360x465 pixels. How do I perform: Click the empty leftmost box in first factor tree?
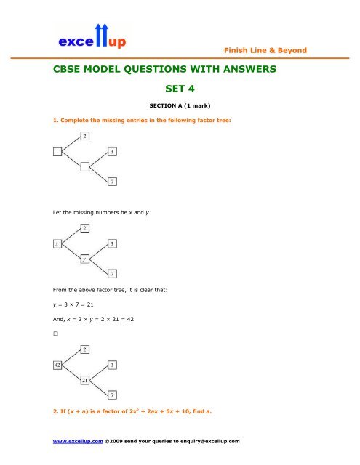click(57, 151)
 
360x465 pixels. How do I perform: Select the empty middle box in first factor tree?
click(85, 166)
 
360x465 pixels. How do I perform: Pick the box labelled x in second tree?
click(57, 243)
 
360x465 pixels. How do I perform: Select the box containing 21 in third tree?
click(85, 379)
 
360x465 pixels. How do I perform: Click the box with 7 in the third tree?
click(111, 395)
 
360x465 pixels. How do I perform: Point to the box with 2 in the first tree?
click(85, 136)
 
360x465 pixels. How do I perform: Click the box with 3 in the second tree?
click(111, 243)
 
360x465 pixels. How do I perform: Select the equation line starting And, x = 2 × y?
click(92, 320)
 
